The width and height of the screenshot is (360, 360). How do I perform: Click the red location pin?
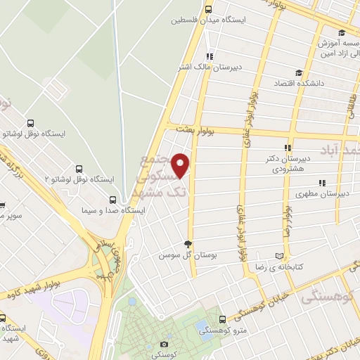pos(181,166)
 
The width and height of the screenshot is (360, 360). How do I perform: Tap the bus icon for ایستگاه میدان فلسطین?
pos(208,10)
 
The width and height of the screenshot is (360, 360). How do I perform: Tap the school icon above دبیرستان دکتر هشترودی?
pos(287,147)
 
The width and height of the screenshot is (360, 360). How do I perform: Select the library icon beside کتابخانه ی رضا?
pos(281,255)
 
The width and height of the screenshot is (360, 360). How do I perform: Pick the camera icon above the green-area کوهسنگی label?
pos(164,344)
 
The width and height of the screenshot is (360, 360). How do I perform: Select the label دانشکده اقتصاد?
pos(329,83)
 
